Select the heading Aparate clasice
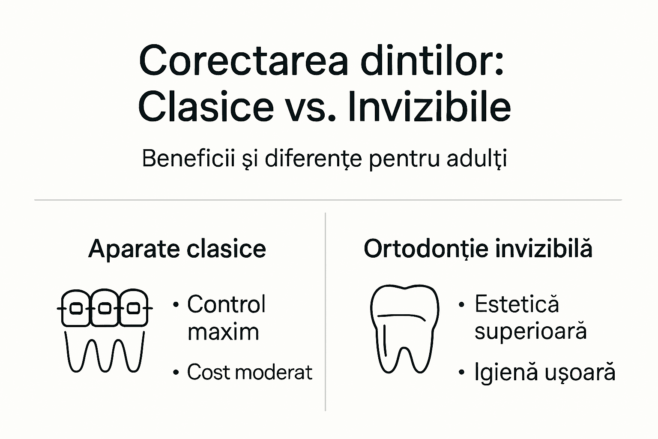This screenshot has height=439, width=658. (x=177, y=249)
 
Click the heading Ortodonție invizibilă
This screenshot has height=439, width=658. (x=478, y=249)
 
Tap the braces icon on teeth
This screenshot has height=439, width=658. (x=105, y=330)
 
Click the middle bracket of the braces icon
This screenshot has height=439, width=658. (x=105, y=308)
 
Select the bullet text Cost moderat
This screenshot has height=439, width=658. (x=250, y=372)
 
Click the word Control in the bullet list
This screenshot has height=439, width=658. (x=227, y=304)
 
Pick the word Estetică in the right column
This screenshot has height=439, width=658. (x=517, y=304)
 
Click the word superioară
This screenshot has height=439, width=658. (x=530, y=331)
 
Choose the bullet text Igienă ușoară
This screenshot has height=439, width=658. (x=544, y=372)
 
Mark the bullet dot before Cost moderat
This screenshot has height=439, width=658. (x=175, y=373)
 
